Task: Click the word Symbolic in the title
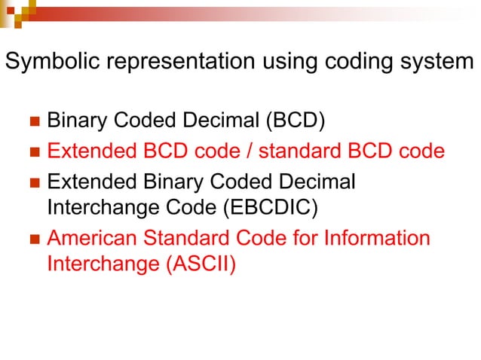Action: [x=44, y=62]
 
